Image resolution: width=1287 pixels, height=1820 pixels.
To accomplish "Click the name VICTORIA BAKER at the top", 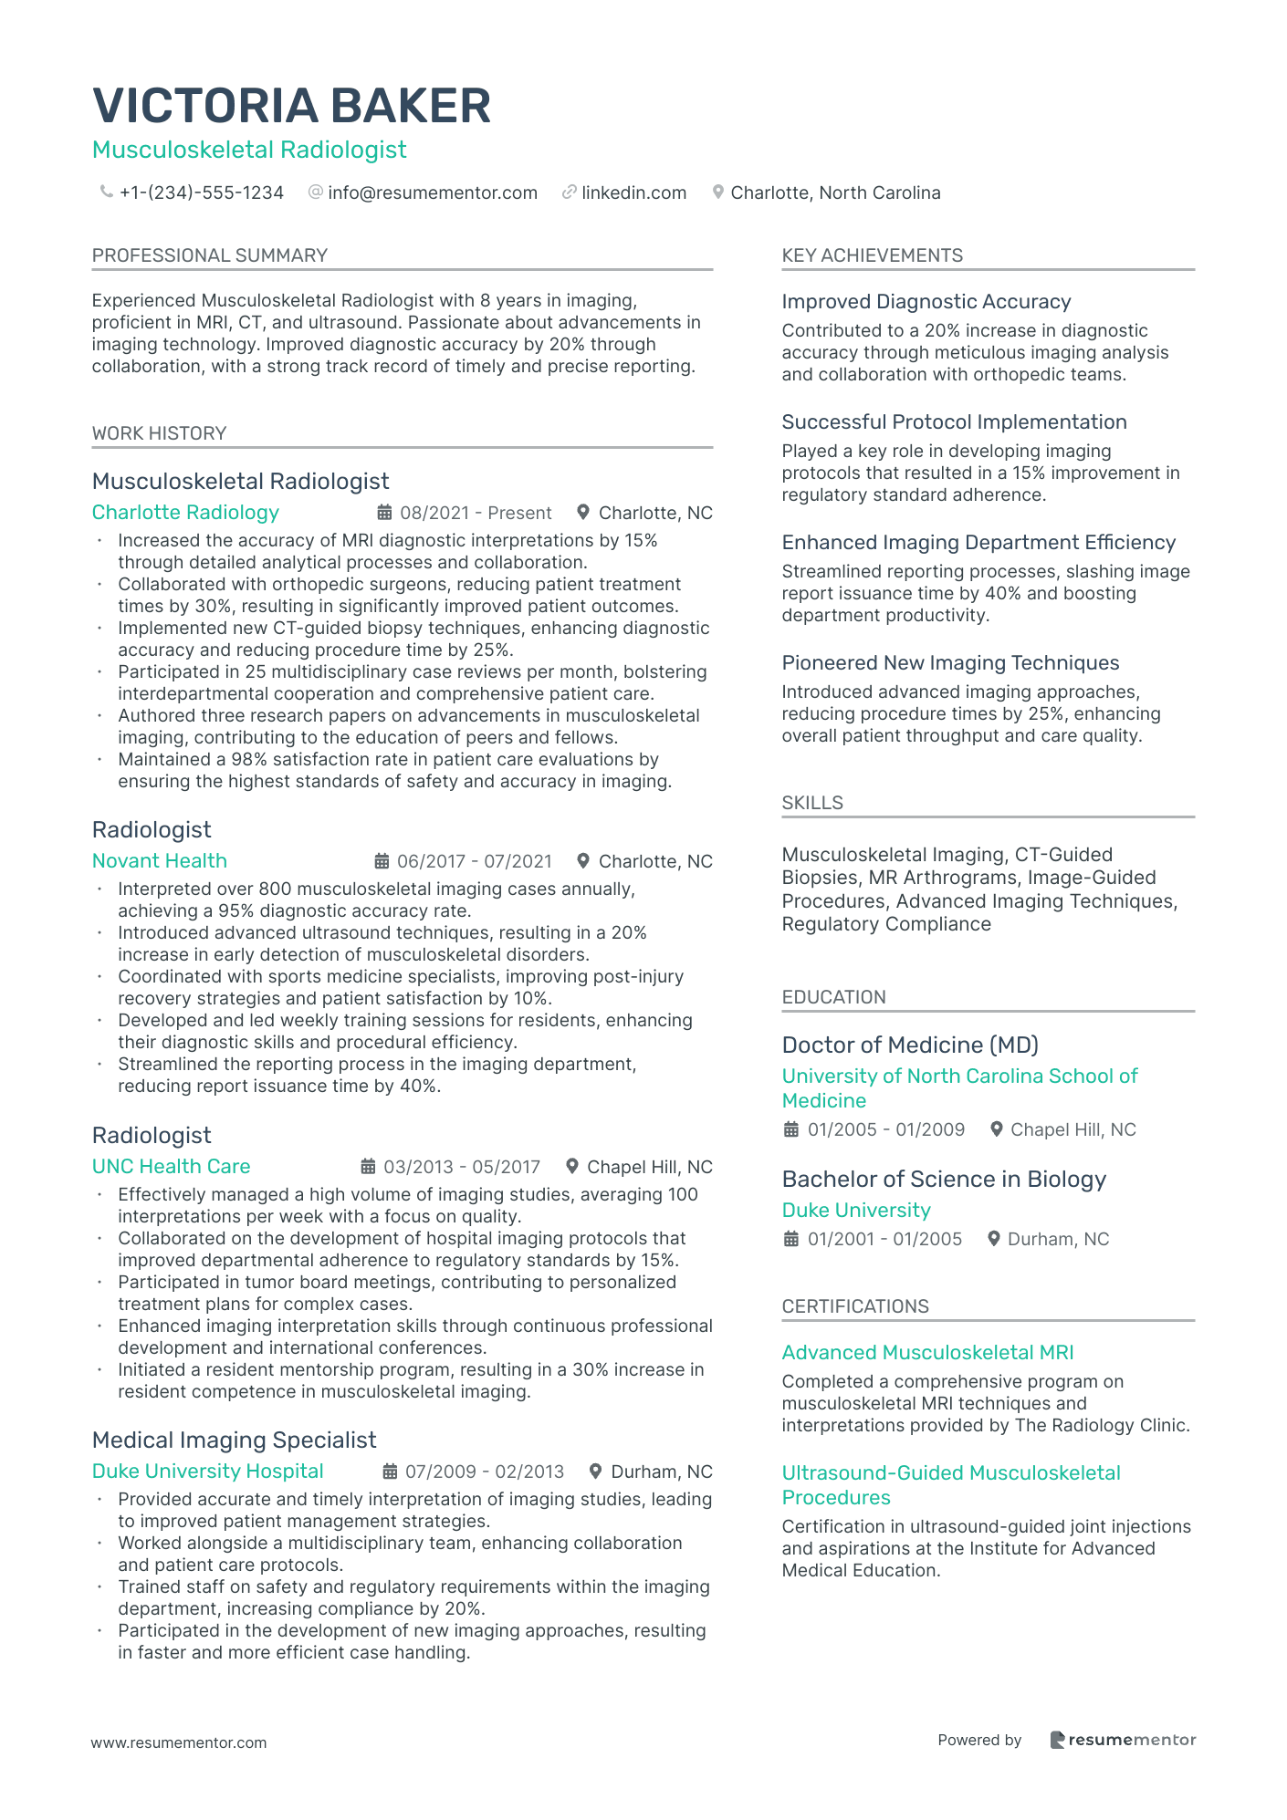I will [292, 106].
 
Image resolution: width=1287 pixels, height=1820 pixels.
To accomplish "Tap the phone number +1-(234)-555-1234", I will [202, 192].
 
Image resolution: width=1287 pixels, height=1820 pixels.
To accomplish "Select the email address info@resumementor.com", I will [433, 192].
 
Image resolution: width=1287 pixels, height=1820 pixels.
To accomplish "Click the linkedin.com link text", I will [633, 192].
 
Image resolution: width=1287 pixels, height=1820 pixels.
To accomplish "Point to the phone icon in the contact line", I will [107, 192].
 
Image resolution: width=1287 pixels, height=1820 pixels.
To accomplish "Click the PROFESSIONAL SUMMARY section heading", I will [210, 255].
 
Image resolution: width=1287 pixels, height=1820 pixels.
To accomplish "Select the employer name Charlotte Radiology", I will [185, 513].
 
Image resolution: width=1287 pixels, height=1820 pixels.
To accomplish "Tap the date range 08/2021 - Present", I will [476, 513].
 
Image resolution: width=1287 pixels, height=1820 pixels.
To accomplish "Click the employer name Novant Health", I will [160, 861].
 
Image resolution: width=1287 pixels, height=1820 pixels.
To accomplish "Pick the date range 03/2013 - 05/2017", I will [462, 1167].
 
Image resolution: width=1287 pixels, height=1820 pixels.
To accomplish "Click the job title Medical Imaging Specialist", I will [234, 1440].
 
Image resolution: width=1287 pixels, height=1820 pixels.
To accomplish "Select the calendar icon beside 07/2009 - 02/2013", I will [390, 1472].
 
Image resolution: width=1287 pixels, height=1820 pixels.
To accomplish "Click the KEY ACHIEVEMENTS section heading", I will [872, 255].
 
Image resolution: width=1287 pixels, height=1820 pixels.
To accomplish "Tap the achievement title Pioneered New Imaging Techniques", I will [950, 663].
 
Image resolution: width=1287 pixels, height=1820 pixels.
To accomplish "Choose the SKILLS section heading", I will [812, 803].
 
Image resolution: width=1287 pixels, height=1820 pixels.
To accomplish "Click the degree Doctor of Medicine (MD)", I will [910, 1045].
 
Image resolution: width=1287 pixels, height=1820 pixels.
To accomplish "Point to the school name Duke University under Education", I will [856, 1211].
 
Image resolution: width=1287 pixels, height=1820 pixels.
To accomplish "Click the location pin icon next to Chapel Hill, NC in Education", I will [998, 1129].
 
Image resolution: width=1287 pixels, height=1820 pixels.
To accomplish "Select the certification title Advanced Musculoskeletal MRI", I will [927, 1353].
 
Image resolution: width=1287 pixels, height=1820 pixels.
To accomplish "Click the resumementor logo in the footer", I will [1123, 1740].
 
